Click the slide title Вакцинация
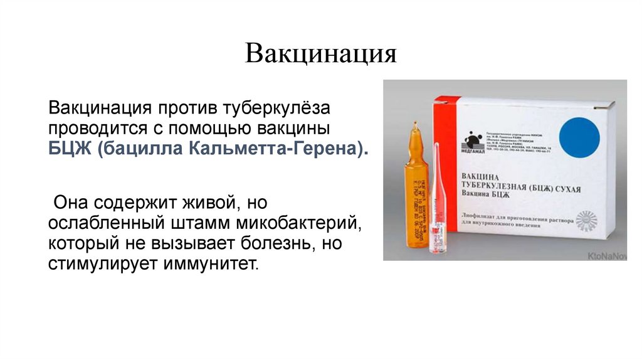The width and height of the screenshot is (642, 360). coord(321,54)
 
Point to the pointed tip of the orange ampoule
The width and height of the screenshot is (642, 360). coord(414,128)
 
